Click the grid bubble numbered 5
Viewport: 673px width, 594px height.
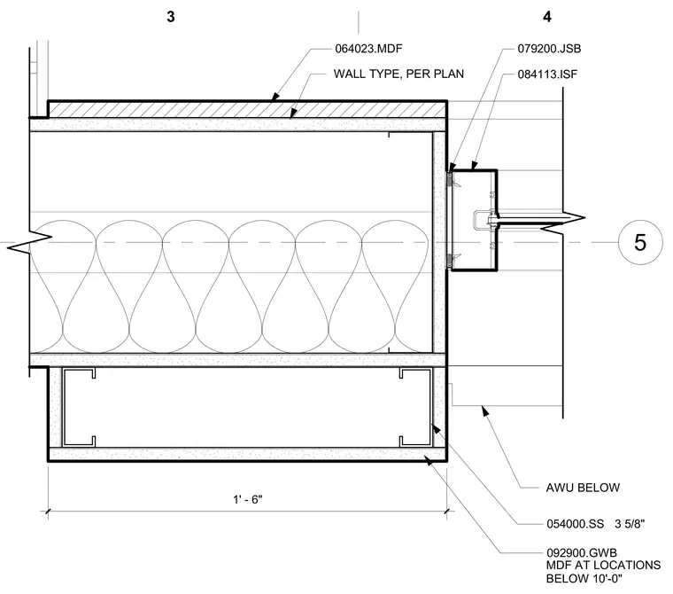(x=640, y=242)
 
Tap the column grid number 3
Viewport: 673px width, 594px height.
(x=171, y=17)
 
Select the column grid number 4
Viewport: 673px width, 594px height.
(x=547, y=17)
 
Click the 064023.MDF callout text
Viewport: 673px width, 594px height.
(x=368, y=49)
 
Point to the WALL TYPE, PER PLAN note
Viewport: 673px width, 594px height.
(x=398, y=74)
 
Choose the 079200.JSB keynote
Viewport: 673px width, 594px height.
(x=549, y=49)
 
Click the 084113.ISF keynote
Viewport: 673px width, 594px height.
(x=547, y=74)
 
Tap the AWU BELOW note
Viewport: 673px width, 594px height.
(x=583, y=488)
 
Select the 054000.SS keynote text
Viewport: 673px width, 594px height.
(x=575, y=524)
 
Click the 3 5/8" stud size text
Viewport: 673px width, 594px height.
(x=630, y=524)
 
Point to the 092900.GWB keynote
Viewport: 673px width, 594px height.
(x=582, y=552)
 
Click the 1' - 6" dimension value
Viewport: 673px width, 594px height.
(x=248, y=499)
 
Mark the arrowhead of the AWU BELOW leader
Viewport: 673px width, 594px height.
(x=484, y=410)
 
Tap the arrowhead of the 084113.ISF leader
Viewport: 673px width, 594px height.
(x=474, y=166)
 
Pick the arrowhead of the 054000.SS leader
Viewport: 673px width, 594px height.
(x=435, y=428)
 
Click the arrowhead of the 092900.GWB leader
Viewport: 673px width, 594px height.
(x=429, y=460)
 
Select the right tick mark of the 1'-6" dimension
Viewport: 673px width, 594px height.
(x=447, y=511)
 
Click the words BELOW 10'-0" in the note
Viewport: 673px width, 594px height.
(x=584, y=579)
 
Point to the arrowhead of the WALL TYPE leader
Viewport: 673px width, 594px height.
(x=294, y=113)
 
